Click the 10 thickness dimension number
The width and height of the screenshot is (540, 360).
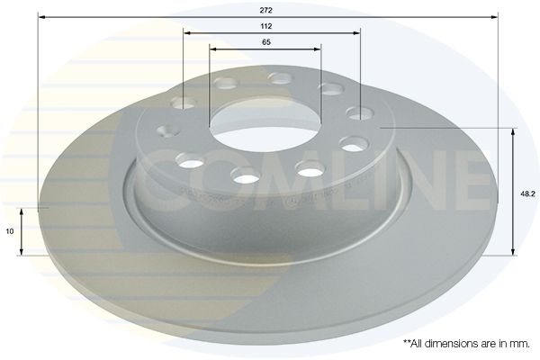(9, 231)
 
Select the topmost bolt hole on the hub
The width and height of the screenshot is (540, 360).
(277, 78)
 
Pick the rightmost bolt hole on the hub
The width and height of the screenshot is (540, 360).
(361, 113)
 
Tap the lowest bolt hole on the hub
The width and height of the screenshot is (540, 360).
(246, 175)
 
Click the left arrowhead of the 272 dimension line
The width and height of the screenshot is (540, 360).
(41, 16)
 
